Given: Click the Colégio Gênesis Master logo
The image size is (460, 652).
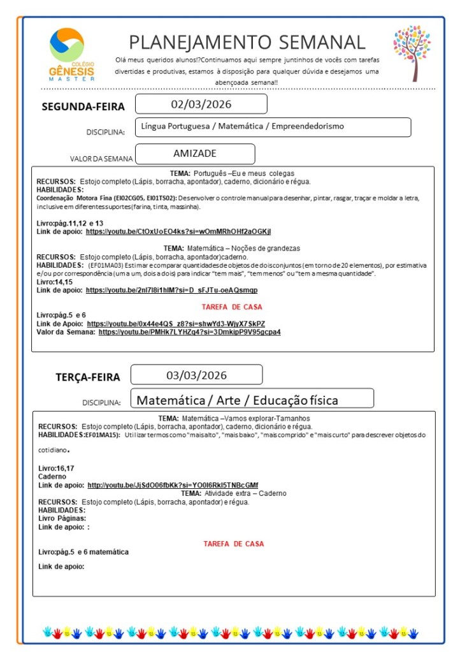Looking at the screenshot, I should (71, 54).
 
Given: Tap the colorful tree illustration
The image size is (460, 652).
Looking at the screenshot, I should (412, 53).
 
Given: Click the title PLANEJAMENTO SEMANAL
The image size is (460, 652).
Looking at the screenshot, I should (247, 42).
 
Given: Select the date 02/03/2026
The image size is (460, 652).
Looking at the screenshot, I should (201, 104).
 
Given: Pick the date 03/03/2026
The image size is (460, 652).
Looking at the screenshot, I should (196, 375).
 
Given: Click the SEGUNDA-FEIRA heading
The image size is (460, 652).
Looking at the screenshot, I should (83, 106).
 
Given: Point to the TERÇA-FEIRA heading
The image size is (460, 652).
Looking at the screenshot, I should (87, 377).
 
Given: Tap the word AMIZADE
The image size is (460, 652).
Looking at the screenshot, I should (195, 154).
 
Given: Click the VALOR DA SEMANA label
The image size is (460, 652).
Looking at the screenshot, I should (101, 159).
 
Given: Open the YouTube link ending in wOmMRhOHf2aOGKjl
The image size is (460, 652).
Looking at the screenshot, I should (182, 231).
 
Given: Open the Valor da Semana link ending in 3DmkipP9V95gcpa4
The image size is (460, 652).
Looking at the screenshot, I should (189, 332).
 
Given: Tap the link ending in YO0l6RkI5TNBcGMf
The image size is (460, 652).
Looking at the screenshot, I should (172, 484).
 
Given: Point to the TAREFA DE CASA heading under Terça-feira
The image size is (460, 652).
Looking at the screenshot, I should (233, 544).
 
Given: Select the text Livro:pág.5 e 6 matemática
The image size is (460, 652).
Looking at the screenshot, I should (83, 552).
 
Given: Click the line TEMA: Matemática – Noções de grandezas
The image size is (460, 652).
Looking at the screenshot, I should (231, 247).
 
